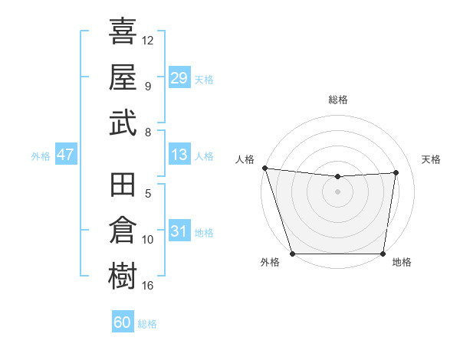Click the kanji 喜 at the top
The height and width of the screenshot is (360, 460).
click(123, 31)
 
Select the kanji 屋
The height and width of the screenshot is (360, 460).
click(123, 77)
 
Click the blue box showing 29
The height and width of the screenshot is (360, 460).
click(179, 77)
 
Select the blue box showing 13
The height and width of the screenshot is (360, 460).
click(179, 155)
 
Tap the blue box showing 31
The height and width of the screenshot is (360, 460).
click(179, 231)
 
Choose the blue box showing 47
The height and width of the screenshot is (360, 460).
click(66, 155)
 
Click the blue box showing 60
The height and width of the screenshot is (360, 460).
click(123, 322)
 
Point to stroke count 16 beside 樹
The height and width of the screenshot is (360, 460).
click(148, 286)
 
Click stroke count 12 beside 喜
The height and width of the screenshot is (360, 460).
click(148, 40)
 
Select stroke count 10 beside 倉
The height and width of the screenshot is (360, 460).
click(148, 240)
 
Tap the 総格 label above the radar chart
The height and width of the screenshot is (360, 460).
click(338, 100)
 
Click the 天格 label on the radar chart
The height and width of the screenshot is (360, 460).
click(432, 159)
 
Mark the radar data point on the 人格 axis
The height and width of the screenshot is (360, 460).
click(264, 168)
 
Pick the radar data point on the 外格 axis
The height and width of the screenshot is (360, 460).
click(293, 254)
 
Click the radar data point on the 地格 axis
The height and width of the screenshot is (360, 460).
click(383, 254)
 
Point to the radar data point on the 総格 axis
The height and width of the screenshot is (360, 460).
click(337, 177)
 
